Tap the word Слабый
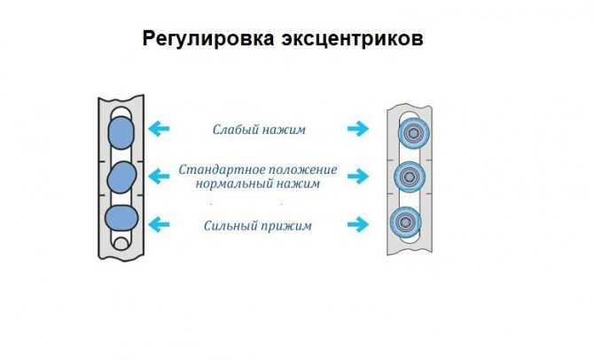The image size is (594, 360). (234, 129)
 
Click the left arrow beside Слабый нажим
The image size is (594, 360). (160, 129)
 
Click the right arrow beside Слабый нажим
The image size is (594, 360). (357, 129)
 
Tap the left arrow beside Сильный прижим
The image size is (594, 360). (160, 225)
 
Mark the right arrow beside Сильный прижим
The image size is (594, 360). (357, 225)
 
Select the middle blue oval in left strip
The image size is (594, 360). (119, 177)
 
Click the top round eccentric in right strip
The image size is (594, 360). (410, 135)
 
